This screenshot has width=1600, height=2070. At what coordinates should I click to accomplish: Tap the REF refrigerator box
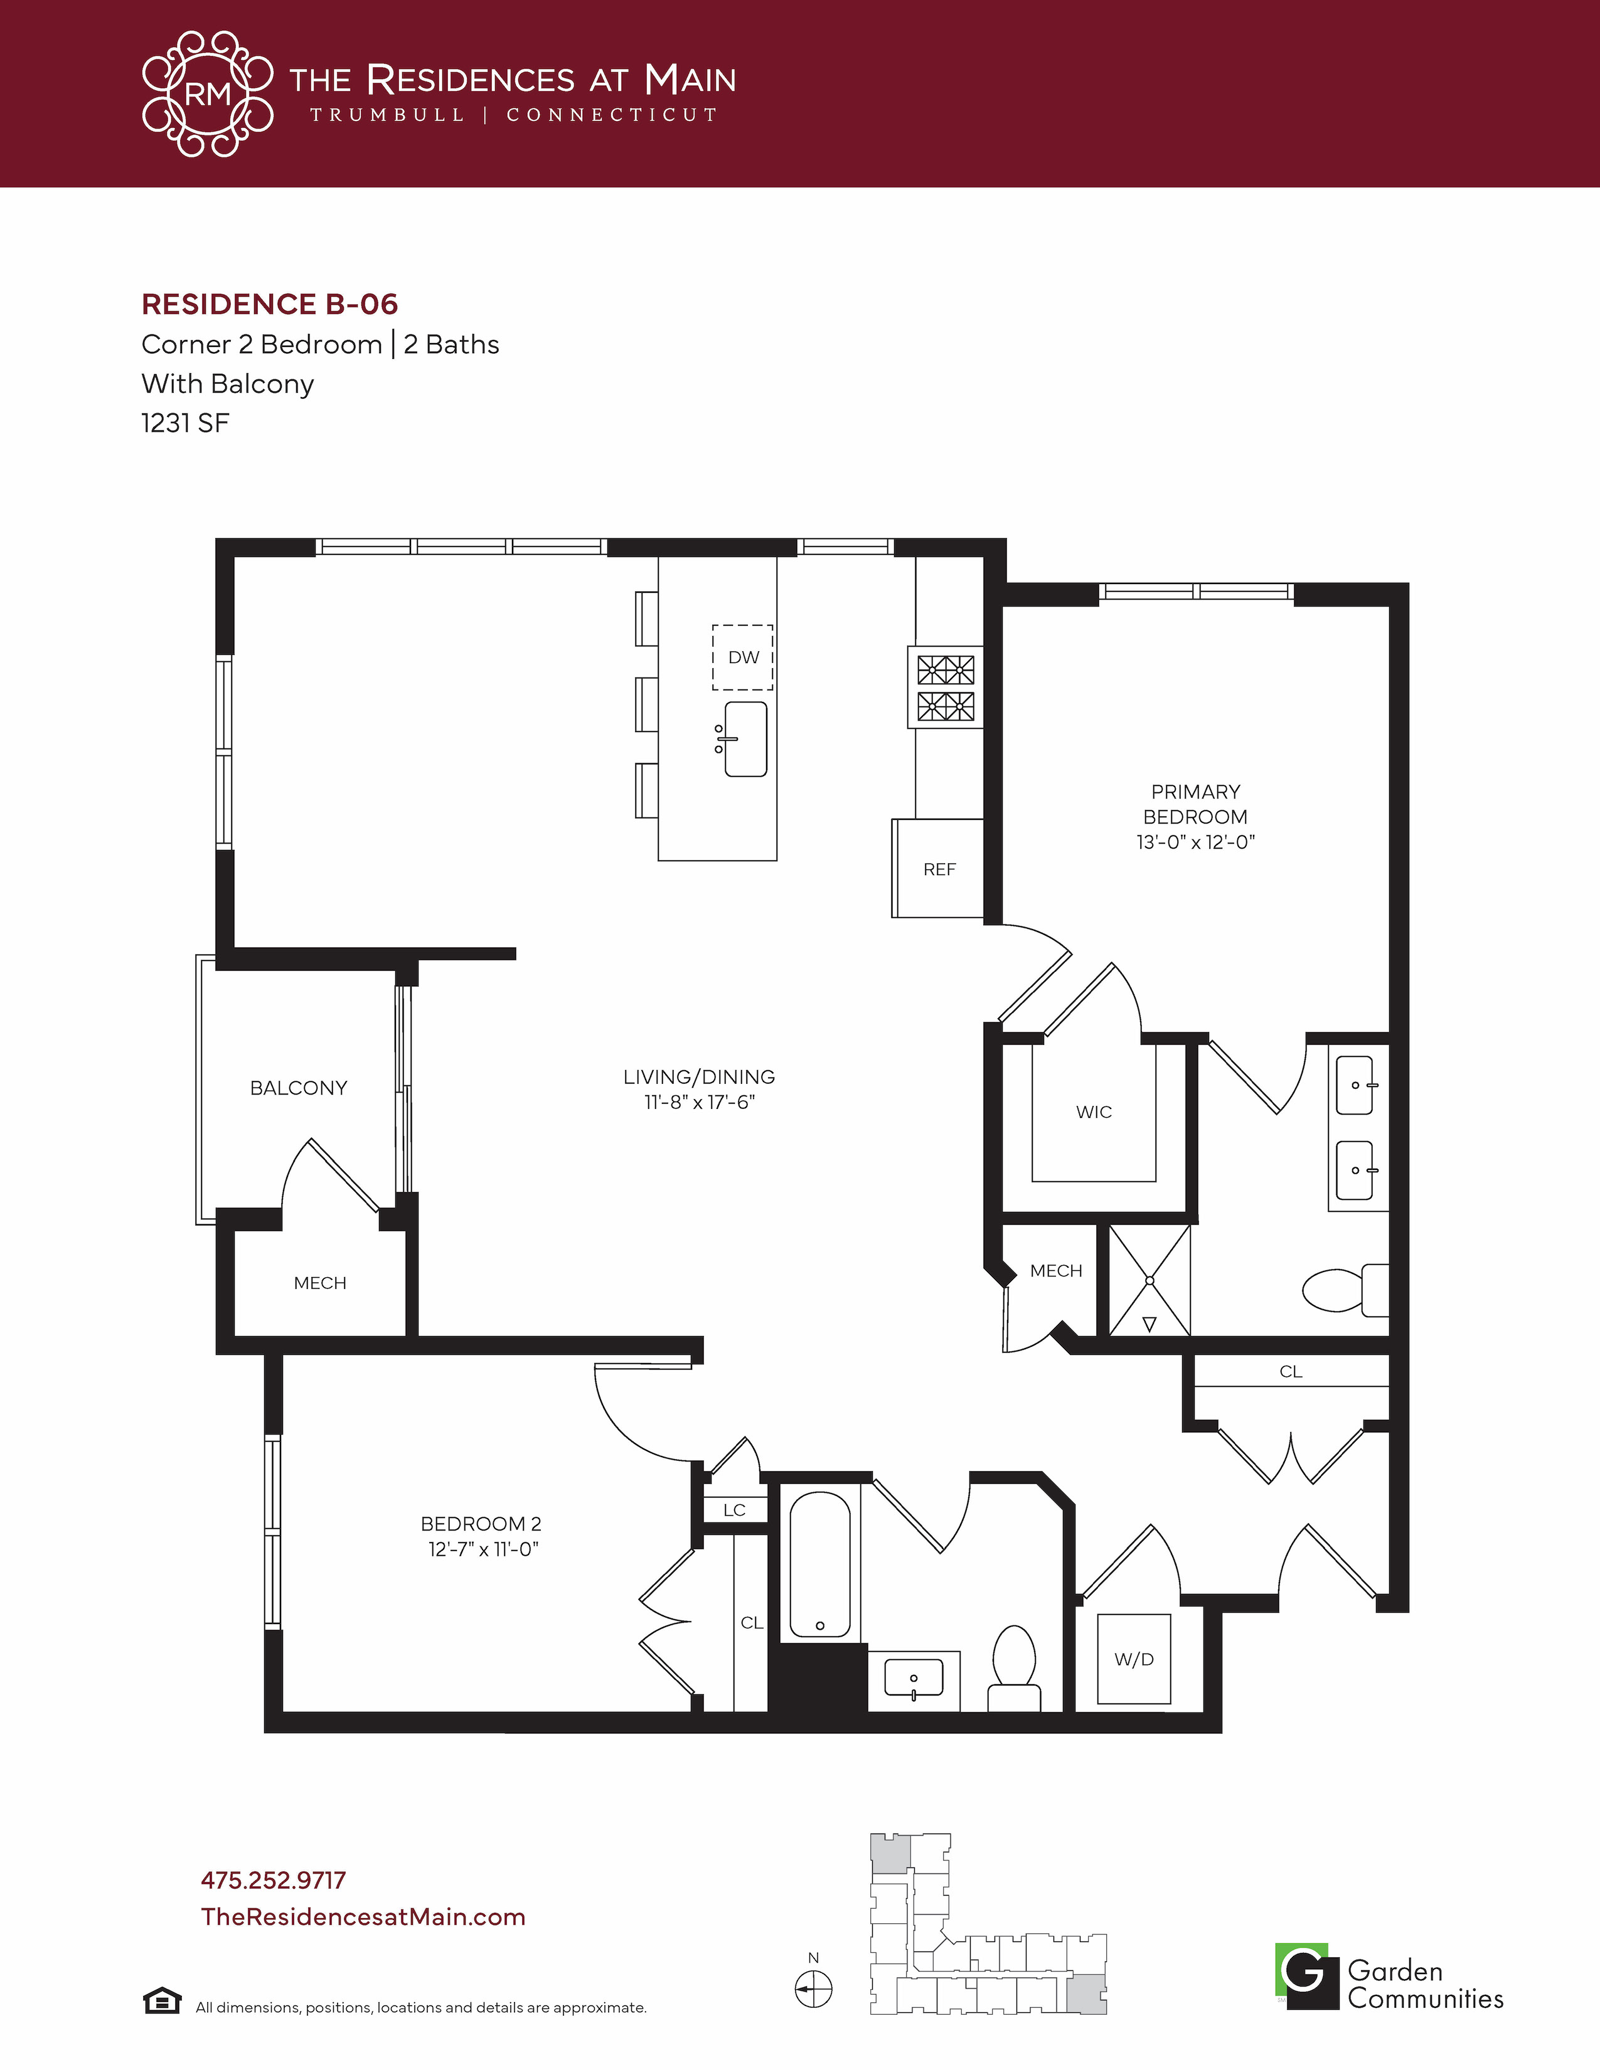[937, 868]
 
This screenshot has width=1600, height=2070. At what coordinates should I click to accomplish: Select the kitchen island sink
[745, 740]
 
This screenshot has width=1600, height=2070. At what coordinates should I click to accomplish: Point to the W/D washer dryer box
[1134, 1659]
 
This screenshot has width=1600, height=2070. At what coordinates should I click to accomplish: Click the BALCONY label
[299, 1088]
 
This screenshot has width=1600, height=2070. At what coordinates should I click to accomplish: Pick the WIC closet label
[1094, 1112]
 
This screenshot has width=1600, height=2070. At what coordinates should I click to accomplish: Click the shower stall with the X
[1149, 1280]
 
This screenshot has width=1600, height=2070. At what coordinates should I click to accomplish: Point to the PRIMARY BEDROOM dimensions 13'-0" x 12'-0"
[1195, 842]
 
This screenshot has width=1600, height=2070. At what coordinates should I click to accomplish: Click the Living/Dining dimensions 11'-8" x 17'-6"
[700, 1102]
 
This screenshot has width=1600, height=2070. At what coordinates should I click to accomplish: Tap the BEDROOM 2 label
[481, 1524]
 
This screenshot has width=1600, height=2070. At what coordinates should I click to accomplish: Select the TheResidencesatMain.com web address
[363, 1916]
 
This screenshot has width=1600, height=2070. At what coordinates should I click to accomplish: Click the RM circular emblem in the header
[208, 94]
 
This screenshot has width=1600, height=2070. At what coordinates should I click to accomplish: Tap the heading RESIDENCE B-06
[269, 304]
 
